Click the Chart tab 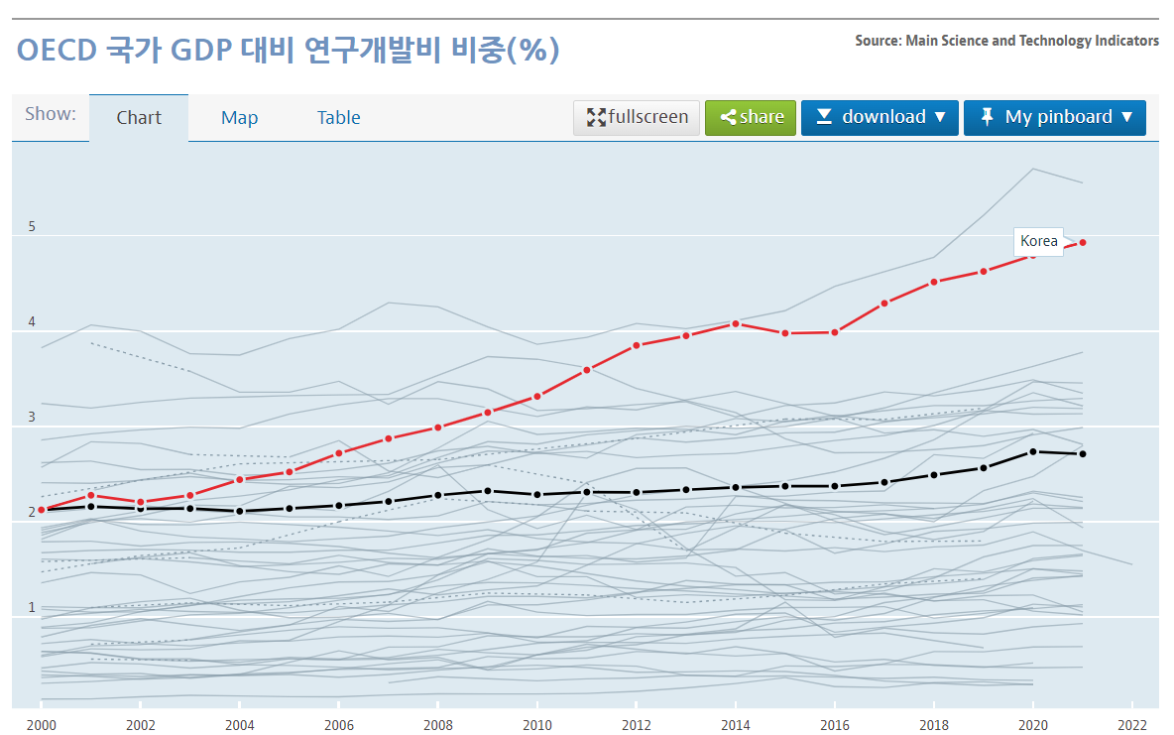point(139,118)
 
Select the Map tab point(239,118)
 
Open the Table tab point(338,118)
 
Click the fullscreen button point(637,117)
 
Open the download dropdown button point(880,117)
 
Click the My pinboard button point(1055,117)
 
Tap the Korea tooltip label point(1038,241)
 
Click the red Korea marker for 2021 point(1083,242)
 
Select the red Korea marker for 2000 point(42,509)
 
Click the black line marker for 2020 point(1033,451)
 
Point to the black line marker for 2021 point(1083,454)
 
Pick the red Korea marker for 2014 point(736,323)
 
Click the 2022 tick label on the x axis point(1132,725)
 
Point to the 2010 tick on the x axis point(537,725)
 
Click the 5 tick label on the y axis point(32,227)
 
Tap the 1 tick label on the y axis point(32,607)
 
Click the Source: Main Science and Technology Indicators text point(1006,41)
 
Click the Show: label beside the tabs point(51,113)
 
